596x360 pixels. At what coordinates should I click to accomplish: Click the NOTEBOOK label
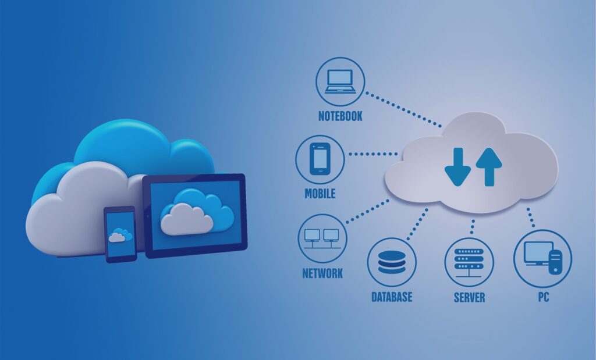(x=340, y=116)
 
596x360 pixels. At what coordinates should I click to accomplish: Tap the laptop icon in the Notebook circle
(x=340, y=81)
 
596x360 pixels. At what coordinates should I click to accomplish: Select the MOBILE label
(x=320, y=194)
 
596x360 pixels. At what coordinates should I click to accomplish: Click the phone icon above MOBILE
(x=320, y=159)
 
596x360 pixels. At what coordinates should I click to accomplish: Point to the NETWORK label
(x=322, y=273)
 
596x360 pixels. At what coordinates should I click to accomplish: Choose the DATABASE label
(x=392, y=297)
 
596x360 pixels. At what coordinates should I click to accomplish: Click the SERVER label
(x=469, y=297)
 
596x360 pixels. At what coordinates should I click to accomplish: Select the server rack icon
(x=469, y=262)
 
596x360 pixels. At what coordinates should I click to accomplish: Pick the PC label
(x=543, y=297)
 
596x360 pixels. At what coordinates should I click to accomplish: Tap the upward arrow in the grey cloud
(x=488, y=165)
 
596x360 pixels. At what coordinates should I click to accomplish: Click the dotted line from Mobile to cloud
(x=372, y=155)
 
